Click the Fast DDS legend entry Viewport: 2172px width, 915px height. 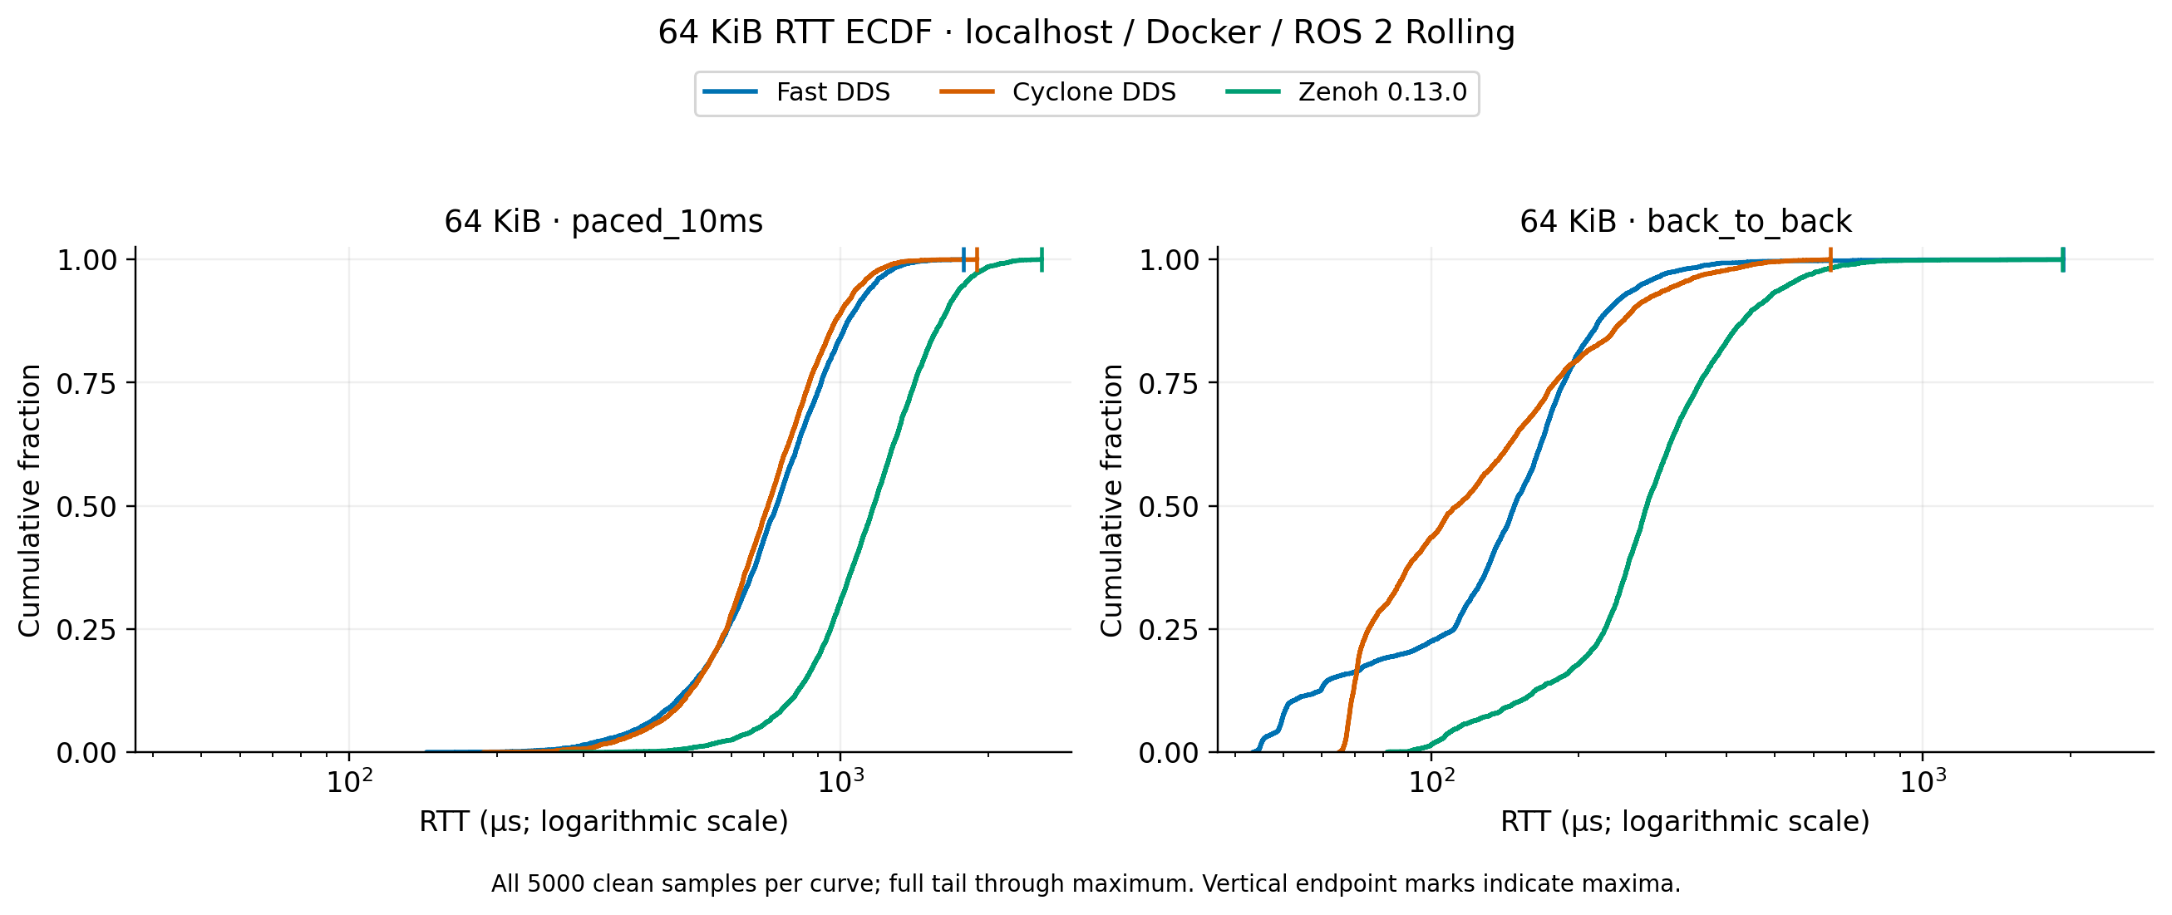point(797,92)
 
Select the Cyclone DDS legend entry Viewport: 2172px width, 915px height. point(1057,92)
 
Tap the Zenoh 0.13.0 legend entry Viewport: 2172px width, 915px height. point(1347,92)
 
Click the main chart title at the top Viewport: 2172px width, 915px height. point(1086,32)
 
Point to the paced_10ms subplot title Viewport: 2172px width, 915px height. point(603,221)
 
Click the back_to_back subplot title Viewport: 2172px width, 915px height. point(1686,221)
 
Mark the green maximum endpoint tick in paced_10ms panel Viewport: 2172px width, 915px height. point(1042,260)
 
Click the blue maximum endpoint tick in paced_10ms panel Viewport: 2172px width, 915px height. point(963,260)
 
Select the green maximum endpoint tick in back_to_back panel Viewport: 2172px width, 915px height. point(2062,260)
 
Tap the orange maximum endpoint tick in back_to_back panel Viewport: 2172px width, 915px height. point(1830,260)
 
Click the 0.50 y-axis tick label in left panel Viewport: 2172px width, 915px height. point(86,507)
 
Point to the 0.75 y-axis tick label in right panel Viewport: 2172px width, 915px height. point(1169,384)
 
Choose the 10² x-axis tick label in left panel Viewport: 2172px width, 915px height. point(349,781)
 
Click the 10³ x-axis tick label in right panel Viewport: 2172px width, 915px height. point(1923,781)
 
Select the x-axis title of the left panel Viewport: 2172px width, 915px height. point(603,821)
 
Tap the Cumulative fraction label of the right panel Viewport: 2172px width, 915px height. point(1111,501)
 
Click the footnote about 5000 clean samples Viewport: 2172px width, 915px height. point(1086,883)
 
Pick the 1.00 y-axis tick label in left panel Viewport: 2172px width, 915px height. point(86,261)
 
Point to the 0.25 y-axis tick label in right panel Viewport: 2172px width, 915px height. point(1169,630)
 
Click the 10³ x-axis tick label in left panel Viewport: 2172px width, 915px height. point(840,781)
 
